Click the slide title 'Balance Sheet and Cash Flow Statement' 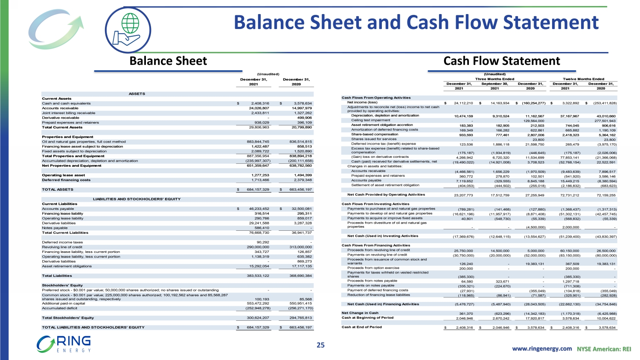tap(416, 22)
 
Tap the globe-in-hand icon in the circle tap(128, 29)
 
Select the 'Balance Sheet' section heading tap(168, 61)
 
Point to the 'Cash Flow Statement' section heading tap(501, 61)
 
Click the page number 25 tap(320, 345)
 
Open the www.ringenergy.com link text tap(541, 348)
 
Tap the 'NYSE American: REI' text tap(603, 348)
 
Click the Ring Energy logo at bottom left tap(64, 344)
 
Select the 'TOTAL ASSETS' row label tap(58, 189)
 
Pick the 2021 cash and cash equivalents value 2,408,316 tap(260, 103)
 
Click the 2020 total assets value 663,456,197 tap(297, 189)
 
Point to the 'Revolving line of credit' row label tap(62, 247)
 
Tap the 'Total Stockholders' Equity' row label tap(68, 318)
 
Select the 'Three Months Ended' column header tap(495, 79)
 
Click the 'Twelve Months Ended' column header tap(584, 79)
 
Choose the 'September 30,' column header tap(495, 84)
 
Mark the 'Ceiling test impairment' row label tap(370, 120)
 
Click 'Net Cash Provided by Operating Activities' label tap(386, 195)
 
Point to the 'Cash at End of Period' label tap(361, 327)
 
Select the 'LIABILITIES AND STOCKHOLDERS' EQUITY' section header tap(137, 199)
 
